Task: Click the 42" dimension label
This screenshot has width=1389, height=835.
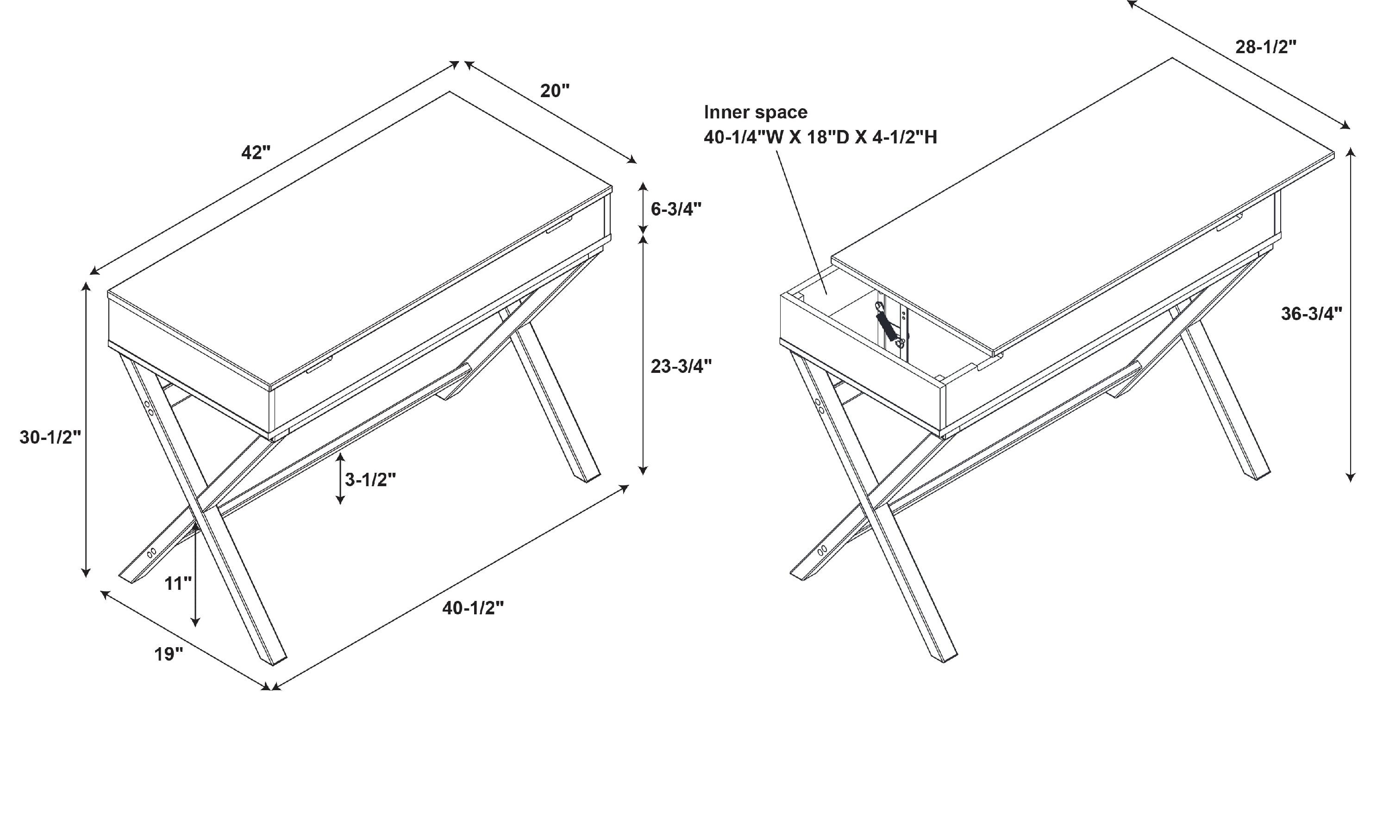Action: coord(256,153)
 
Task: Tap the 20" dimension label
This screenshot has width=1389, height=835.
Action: coord(555,91)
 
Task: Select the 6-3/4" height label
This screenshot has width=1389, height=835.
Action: coord(676,209)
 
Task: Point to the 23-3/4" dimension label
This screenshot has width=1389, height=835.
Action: coord(681,366)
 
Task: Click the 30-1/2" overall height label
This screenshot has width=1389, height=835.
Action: coord(50,437)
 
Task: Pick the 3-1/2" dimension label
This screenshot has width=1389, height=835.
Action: coord(370,479)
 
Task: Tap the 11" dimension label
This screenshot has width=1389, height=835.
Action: coord(178,583)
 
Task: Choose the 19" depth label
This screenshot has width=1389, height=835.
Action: coord(169,654)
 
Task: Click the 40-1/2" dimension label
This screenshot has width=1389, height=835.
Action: coord(472,608)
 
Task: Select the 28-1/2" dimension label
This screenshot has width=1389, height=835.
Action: coord(1266,47)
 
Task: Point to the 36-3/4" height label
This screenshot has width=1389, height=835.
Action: coord(1311,313)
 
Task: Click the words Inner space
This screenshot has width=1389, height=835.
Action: coord(756,112)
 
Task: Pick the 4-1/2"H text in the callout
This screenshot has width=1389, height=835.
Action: coord(904,137)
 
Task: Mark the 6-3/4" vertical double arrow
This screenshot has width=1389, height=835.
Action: coord(643,208)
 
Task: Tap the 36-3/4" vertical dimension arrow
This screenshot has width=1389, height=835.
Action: coord(1350,315)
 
